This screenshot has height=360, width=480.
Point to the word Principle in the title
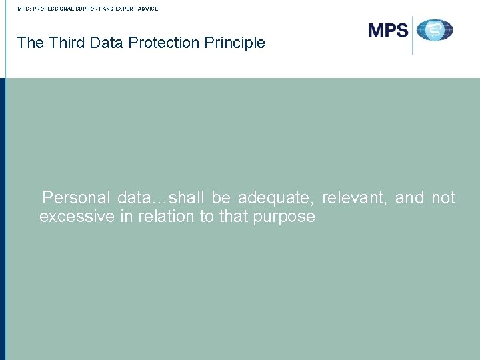pyautogui.click(x=235, y=43)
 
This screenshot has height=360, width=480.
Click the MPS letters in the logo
pyautogui.click(x=388, y=31)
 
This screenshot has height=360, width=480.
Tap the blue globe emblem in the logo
pyautogui.click(x=435, y=31)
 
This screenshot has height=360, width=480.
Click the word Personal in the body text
pyautogui.click(x=76, y=198)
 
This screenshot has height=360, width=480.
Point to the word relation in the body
pyautogui.click(x=164, y=217)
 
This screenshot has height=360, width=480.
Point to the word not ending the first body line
pyautogui.click(x=443, y=198)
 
